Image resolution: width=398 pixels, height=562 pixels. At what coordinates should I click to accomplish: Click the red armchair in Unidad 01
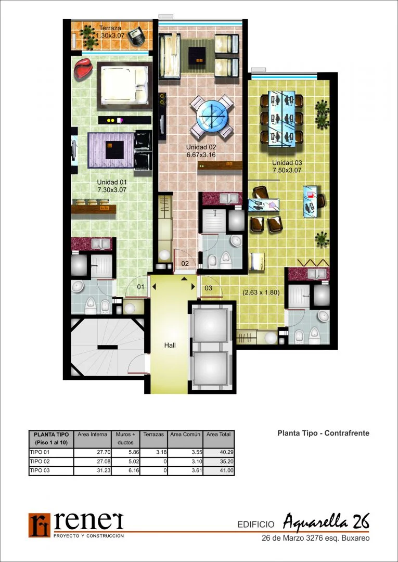(83, 68)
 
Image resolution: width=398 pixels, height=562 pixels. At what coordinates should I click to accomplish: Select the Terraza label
(110, 28)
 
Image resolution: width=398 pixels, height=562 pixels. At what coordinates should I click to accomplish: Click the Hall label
(170, 346)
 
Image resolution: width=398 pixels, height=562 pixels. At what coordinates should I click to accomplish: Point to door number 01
(141, 287)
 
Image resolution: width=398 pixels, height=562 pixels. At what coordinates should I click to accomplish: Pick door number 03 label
(209, 288)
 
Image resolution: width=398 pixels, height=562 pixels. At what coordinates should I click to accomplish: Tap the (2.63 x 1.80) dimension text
(261, 292)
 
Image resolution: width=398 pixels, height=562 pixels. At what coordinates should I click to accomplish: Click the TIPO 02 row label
(38, 462)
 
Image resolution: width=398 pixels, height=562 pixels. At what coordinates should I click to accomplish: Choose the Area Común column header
(186, 435)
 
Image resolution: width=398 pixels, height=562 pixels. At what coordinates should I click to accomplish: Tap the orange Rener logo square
(40, 525)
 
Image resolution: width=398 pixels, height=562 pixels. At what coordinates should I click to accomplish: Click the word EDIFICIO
(256, 525)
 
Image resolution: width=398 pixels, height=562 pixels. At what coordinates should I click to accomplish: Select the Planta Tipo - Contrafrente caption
(323, 433)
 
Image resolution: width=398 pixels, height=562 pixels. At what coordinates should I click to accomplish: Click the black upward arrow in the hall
(184, 278)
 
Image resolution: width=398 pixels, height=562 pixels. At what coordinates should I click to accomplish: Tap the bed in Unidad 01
(124, 85)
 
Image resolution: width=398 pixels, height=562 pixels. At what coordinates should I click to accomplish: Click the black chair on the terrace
(137, 36)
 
